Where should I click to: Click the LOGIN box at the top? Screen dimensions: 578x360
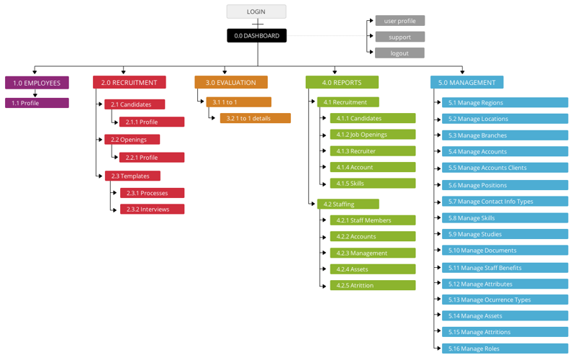pyautogui.click(x=256, y=12)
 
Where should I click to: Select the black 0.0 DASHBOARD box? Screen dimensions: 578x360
pyautogui.click(x=256, y=35)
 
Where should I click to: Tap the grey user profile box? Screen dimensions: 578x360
pyautogui.click(x=400, y=21)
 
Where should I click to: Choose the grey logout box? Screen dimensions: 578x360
pyautogui.click(x=399, y=53)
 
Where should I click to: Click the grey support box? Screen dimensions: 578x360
pyautogui.click(x=400, y=37)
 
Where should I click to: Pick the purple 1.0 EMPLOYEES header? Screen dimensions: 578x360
pyautogui.click(x=37, y=83)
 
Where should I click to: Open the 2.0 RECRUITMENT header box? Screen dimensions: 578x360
pyautogui.click(x=130, y=82)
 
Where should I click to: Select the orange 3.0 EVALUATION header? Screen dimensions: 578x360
pyautogui.click(x=231, y=82)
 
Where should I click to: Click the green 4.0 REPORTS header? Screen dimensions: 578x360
pyautogui.click(x=342, y=82)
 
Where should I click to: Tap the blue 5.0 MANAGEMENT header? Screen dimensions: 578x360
pyautogui.click(x=466, y=82)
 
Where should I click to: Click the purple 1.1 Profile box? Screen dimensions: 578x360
pyautogui.click(x=37, y=103)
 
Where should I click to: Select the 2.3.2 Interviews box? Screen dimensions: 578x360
pyautogui.click(x=153, y=209)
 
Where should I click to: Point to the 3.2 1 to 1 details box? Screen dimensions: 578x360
pyautogui.click(x=256, y=118)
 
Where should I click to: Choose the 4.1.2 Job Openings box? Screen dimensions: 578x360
pyautogui.click(x=373, y=134)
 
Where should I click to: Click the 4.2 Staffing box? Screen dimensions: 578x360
pyautogui.click(x=348, y=204)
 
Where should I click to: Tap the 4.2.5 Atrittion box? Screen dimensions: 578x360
pyautogui.click(x=373, y=285)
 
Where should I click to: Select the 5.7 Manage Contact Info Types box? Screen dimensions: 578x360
pyautogui.click(x=505, y=202)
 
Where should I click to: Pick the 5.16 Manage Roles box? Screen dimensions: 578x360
pyautogui.click(x=505, y=348)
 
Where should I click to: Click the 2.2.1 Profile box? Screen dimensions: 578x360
pyautogui.click(x=152, y=158)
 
